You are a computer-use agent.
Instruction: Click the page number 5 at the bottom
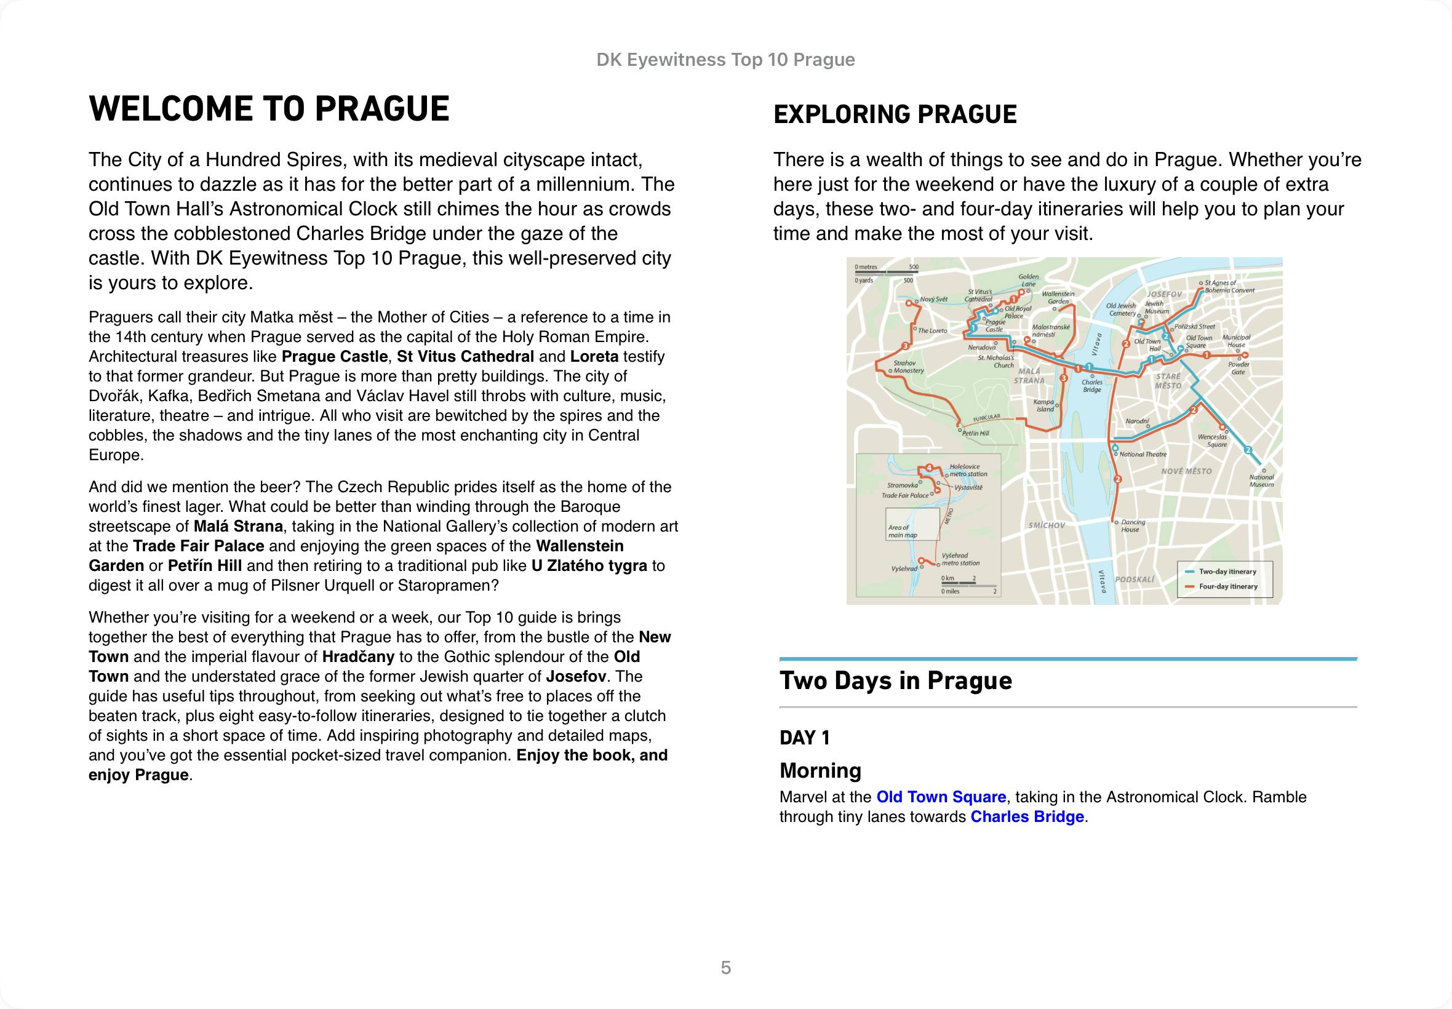tap(725, 967)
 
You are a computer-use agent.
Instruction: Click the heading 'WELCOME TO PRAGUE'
tap(269, 109)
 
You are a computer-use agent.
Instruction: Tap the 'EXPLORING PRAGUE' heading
tap(895, 114)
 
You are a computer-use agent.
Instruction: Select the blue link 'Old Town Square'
tap(941, 797)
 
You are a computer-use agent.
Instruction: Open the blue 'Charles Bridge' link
tap(1027, 816)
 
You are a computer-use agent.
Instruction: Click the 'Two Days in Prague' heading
tap(896, 680)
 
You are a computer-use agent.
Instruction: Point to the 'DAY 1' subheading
tap(805, 737)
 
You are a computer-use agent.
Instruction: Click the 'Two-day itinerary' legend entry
tap(1227, 572)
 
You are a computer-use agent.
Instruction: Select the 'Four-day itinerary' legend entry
tap(1227, 586)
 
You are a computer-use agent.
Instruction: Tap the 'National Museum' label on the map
tap(1261, 481)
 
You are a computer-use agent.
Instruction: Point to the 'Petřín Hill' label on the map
tap(975, 433)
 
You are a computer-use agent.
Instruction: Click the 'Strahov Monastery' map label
tap(906, 367)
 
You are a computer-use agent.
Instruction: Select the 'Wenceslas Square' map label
tap(1212, 441)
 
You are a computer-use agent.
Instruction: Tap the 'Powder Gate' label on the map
tap(1239, 368)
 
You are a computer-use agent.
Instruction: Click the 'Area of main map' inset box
tap(912, 525)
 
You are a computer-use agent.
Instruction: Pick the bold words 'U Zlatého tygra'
tap(589, 565)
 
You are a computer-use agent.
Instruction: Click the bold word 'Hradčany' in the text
tap(359, 656)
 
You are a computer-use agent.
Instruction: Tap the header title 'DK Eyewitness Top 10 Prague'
tap(725, 60)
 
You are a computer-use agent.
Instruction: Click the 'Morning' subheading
tap(820, 770)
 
